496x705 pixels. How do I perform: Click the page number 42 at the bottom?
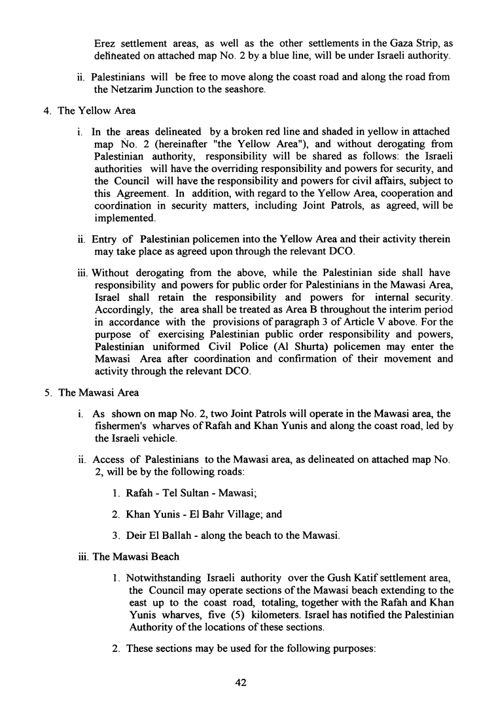tap(241, 683)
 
